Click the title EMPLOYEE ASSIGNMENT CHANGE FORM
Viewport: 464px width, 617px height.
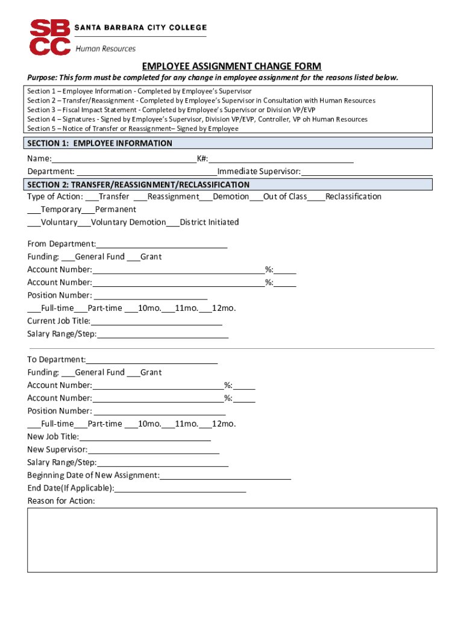tap(231, 66)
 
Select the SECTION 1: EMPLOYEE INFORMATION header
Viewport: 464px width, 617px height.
tap(99, 143)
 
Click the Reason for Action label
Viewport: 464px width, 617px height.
tap(61, 501)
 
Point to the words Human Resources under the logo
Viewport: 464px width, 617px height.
tap(105, 49)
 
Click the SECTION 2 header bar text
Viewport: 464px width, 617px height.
tap(138, 185)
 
